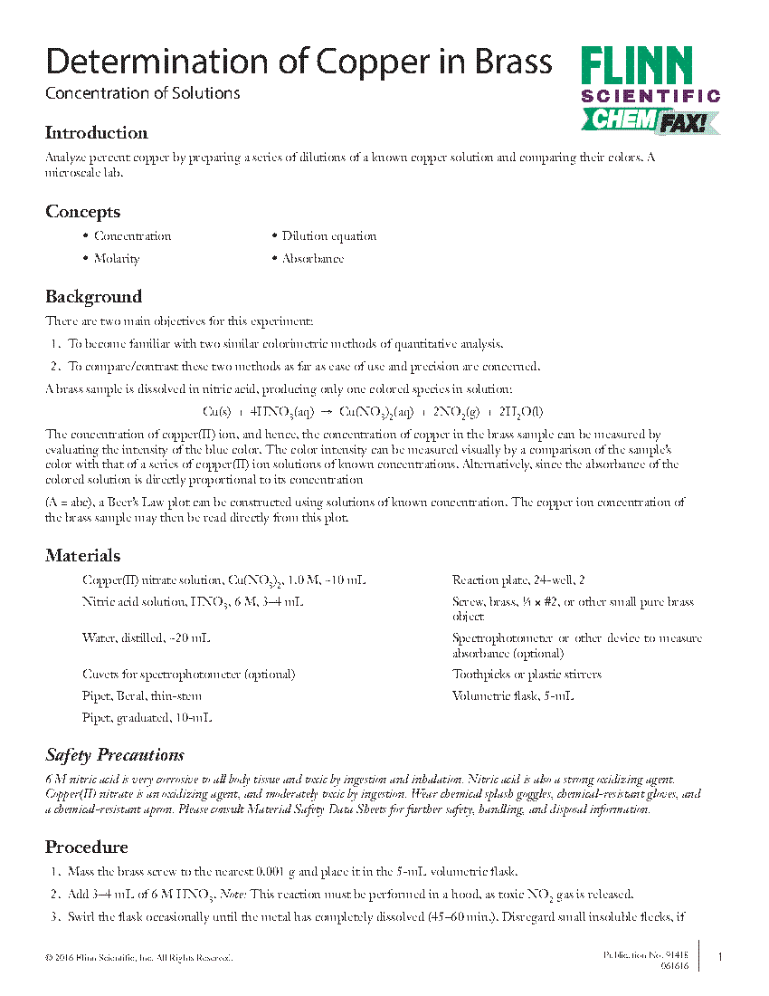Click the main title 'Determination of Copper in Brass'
pyautogui.click(x=299, y=62)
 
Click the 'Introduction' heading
pyautogui.click(x=97, y=133)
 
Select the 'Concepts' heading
pyautogui.click(x=82, y=212)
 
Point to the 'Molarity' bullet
pyautogui.click(x=117, y=259)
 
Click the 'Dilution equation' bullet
pyautogui.click(x=328, y=236)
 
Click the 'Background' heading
pyautogui.click(x=93, y=297)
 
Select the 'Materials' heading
pyautogui.click(x=82, y=556)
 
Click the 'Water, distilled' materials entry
pyautogui.click(x=146, y=638)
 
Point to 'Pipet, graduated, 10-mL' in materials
pyautogui.click(x=147, y=718)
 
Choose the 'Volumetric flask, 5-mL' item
pyautogui.click(x=513, y=696)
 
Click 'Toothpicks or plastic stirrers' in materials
pyautogui.click(x=527, y=675)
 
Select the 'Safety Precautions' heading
pyautogui.click(x=115, y=755)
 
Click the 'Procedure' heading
pyautogui.click(x=87, y=848)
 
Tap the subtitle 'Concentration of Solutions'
pyautogui.click(x=143, y=93)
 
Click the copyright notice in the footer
pyautogui.click(x=139, y=958)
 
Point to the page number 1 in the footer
pyautogui.click(x=719, y=957)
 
